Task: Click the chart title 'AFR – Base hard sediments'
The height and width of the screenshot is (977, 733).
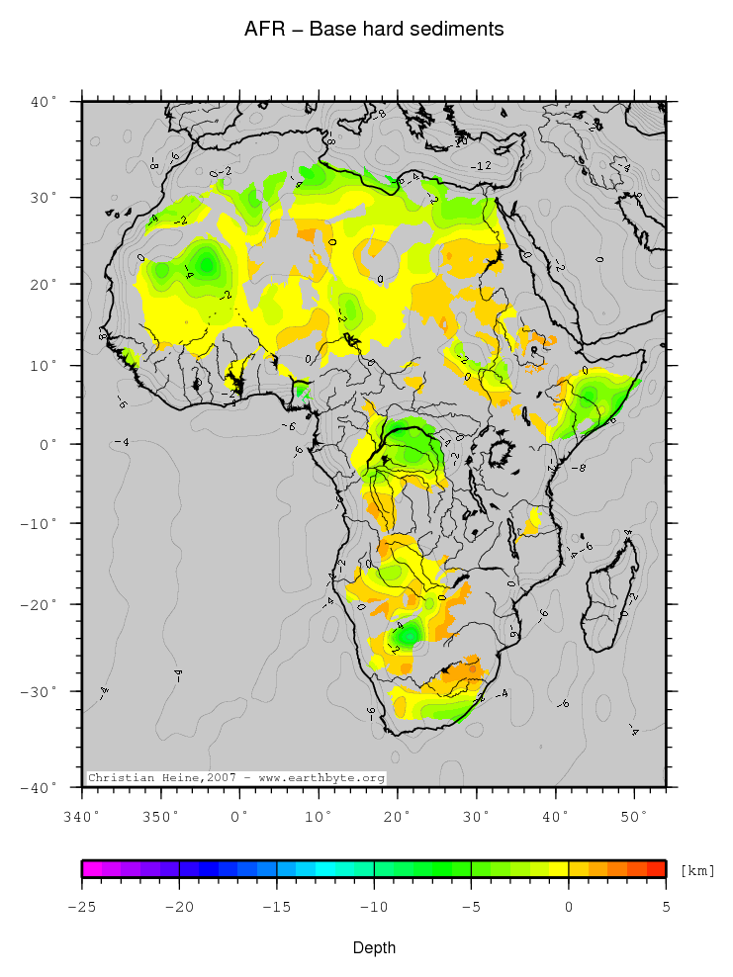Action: (x=374, y=30)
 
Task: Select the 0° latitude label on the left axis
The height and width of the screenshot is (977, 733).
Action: (x=49, y=444)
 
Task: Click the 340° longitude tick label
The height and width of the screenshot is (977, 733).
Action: (x=81, y=816)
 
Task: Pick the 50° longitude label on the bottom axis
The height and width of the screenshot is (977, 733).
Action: (x=634, y=816)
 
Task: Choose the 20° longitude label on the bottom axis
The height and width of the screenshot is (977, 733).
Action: (x=397, y=816)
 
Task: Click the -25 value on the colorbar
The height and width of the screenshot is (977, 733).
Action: (x=82, y=905)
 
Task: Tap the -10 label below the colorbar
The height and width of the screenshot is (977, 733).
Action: (x=373, y=905)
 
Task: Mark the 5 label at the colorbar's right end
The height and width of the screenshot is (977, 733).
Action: (x=665, y=905)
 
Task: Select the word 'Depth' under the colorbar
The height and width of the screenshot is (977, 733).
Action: (x=374, y=948)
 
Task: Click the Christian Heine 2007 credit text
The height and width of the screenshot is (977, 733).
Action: (x=235, y=778)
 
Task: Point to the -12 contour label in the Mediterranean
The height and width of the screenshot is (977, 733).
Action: (x=482, y=165)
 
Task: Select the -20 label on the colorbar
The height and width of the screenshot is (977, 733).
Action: (x=178, y=905)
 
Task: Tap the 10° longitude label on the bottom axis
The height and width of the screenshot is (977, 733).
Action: (x=318, y=816)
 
